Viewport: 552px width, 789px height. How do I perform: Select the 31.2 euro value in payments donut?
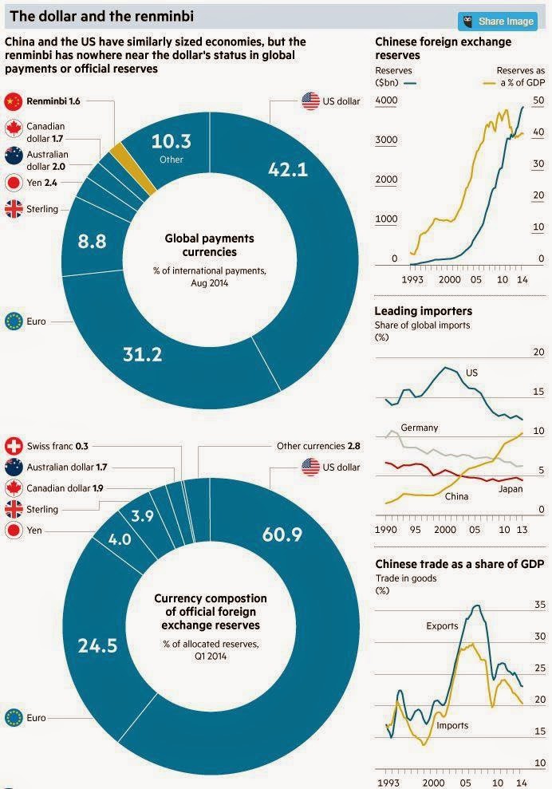tap(141, 353)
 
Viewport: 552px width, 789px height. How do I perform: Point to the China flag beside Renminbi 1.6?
tap(13, 101)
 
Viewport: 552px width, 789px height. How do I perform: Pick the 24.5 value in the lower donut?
tap(97, 645)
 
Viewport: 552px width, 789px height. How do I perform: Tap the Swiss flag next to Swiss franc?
tap(13, 447)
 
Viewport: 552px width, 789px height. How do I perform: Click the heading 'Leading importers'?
tap(423, 310)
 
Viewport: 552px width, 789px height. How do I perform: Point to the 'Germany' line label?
tap(420, 428)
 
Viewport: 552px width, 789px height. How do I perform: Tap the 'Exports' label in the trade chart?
tap(442, 625)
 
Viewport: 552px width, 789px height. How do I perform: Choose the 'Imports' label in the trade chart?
tap(452, 725)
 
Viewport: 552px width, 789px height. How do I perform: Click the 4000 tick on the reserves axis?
tap(386, 101)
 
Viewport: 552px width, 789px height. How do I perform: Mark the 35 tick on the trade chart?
tap(538, 606)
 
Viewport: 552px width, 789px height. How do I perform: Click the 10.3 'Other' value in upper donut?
tap(172, 142)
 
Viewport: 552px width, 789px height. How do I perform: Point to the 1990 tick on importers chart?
tap(385, 530)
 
